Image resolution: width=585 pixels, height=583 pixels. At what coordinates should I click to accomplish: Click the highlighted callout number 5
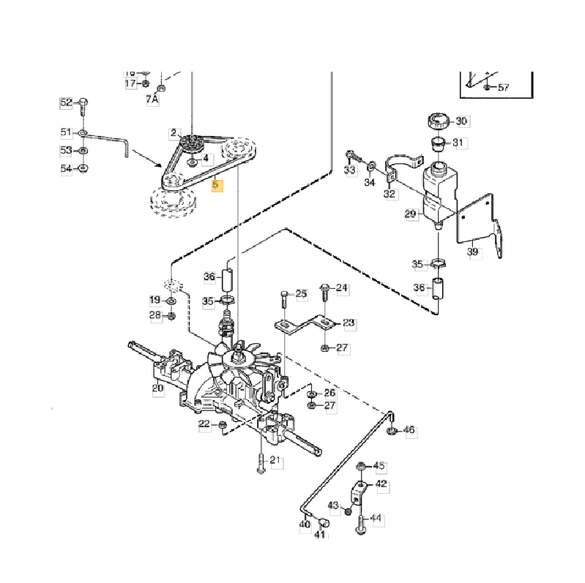(215, 186)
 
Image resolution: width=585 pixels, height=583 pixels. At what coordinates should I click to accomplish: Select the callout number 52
(67, 102)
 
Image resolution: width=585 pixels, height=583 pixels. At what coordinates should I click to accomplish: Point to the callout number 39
(473, 252)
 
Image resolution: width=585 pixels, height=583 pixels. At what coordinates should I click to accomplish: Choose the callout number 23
(349, 323)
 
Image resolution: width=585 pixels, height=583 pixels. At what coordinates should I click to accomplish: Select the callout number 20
(157, 388)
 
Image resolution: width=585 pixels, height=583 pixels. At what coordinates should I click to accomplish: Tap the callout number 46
(409, 430)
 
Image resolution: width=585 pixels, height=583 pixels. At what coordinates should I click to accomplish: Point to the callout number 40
(305, 524)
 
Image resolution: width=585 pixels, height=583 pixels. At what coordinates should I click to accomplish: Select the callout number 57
(503, 88)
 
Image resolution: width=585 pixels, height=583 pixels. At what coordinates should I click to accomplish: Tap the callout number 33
(349, 170)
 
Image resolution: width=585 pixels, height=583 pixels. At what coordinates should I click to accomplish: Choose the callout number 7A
(152, 99)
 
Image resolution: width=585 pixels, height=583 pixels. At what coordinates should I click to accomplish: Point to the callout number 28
(155, 315)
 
